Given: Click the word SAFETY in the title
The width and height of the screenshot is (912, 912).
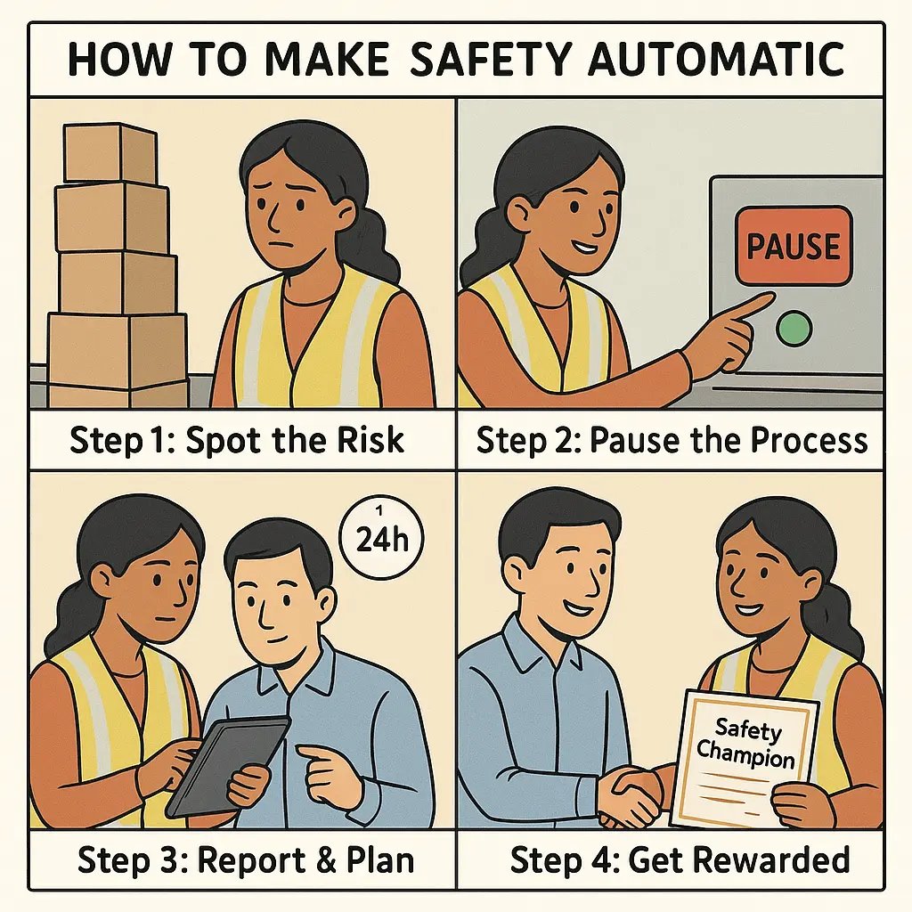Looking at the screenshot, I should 476,60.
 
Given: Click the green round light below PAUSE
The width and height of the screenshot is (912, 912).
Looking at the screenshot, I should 793,329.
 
